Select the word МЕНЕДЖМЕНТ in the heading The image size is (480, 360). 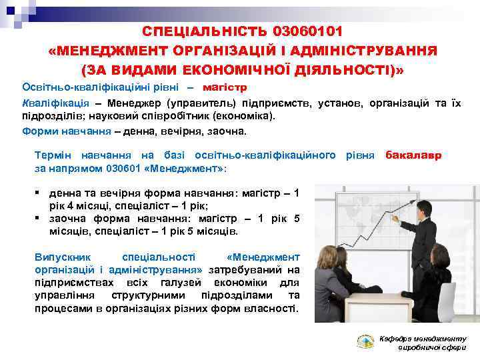(x=115, y=51)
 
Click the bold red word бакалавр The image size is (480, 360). (x=413, y=155)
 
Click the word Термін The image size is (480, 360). (x=54, y=155)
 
